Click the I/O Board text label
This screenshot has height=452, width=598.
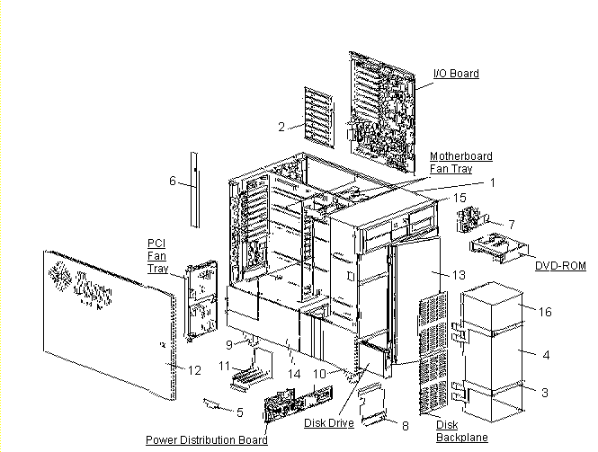coord(456,73)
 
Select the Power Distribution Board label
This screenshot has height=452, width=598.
coord(206,440)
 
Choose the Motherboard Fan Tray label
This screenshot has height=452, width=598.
coord(460,163)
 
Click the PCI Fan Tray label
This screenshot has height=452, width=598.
coord(157,256)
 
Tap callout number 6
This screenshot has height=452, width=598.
coord(172,181)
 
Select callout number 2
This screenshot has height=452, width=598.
coord(281,127)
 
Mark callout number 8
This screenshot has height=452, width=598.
coord(405,425)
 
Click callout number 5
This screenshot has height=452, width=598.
coord(240,412)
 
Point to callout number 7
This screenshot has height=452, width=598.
coord(510,223)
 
